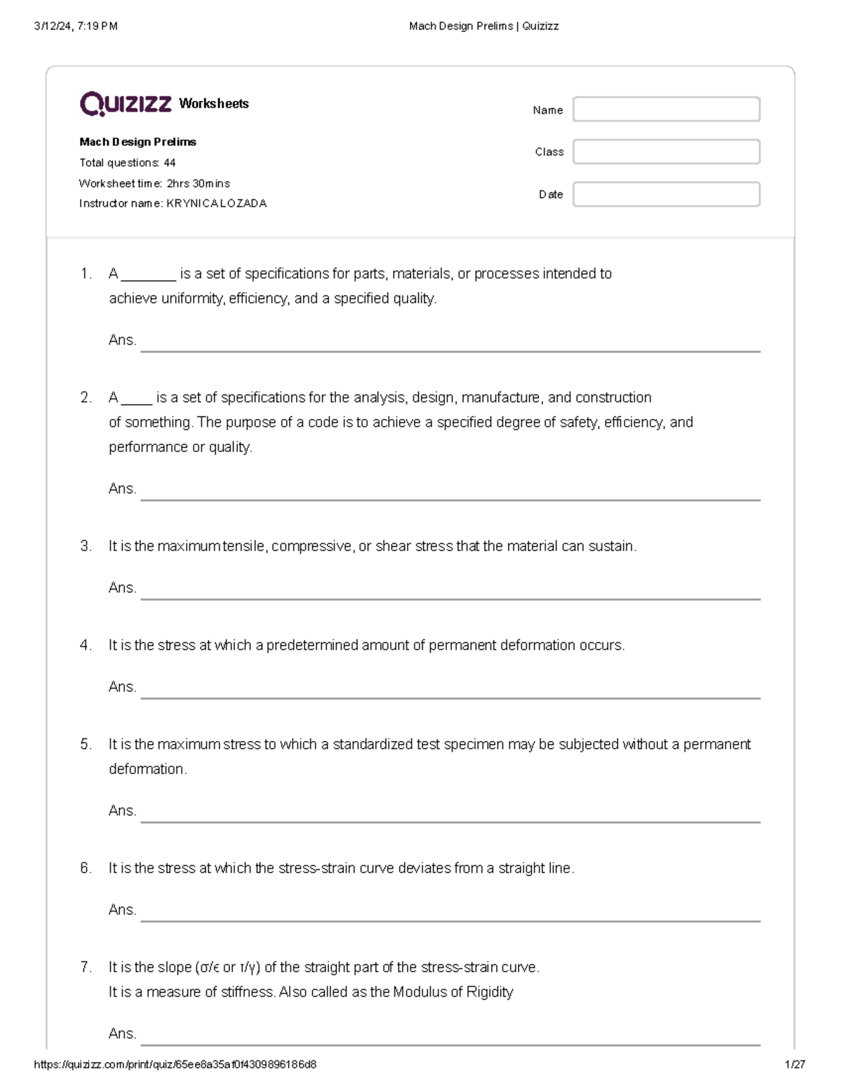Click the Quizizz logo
[x=126, y=104]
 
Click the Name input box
[x=666, y=109]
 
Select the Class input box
[x=666, y=152]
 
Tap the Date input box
[x=666, y=194]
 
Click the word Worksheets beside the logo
[x=214, y=104]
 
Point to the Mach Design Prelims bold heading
[x=138, y=142]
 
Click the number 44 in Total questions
[x=169, y=163]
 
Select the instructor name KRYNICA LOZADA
[x=216, y=204]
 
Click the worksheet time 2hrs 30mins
[x=198, y=183]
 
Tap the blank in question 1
[x=148, y=274]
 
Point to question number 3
[x=86, y=546]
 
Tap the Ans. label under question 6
[x=122, y=910]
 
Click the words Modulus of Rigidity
[x=453, y=992]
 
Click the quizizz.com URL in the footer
[x=175, y=1064]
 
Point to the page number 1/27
[x=795, y=1064]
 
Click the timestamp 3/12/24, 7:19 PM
[x=76, y=26]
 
